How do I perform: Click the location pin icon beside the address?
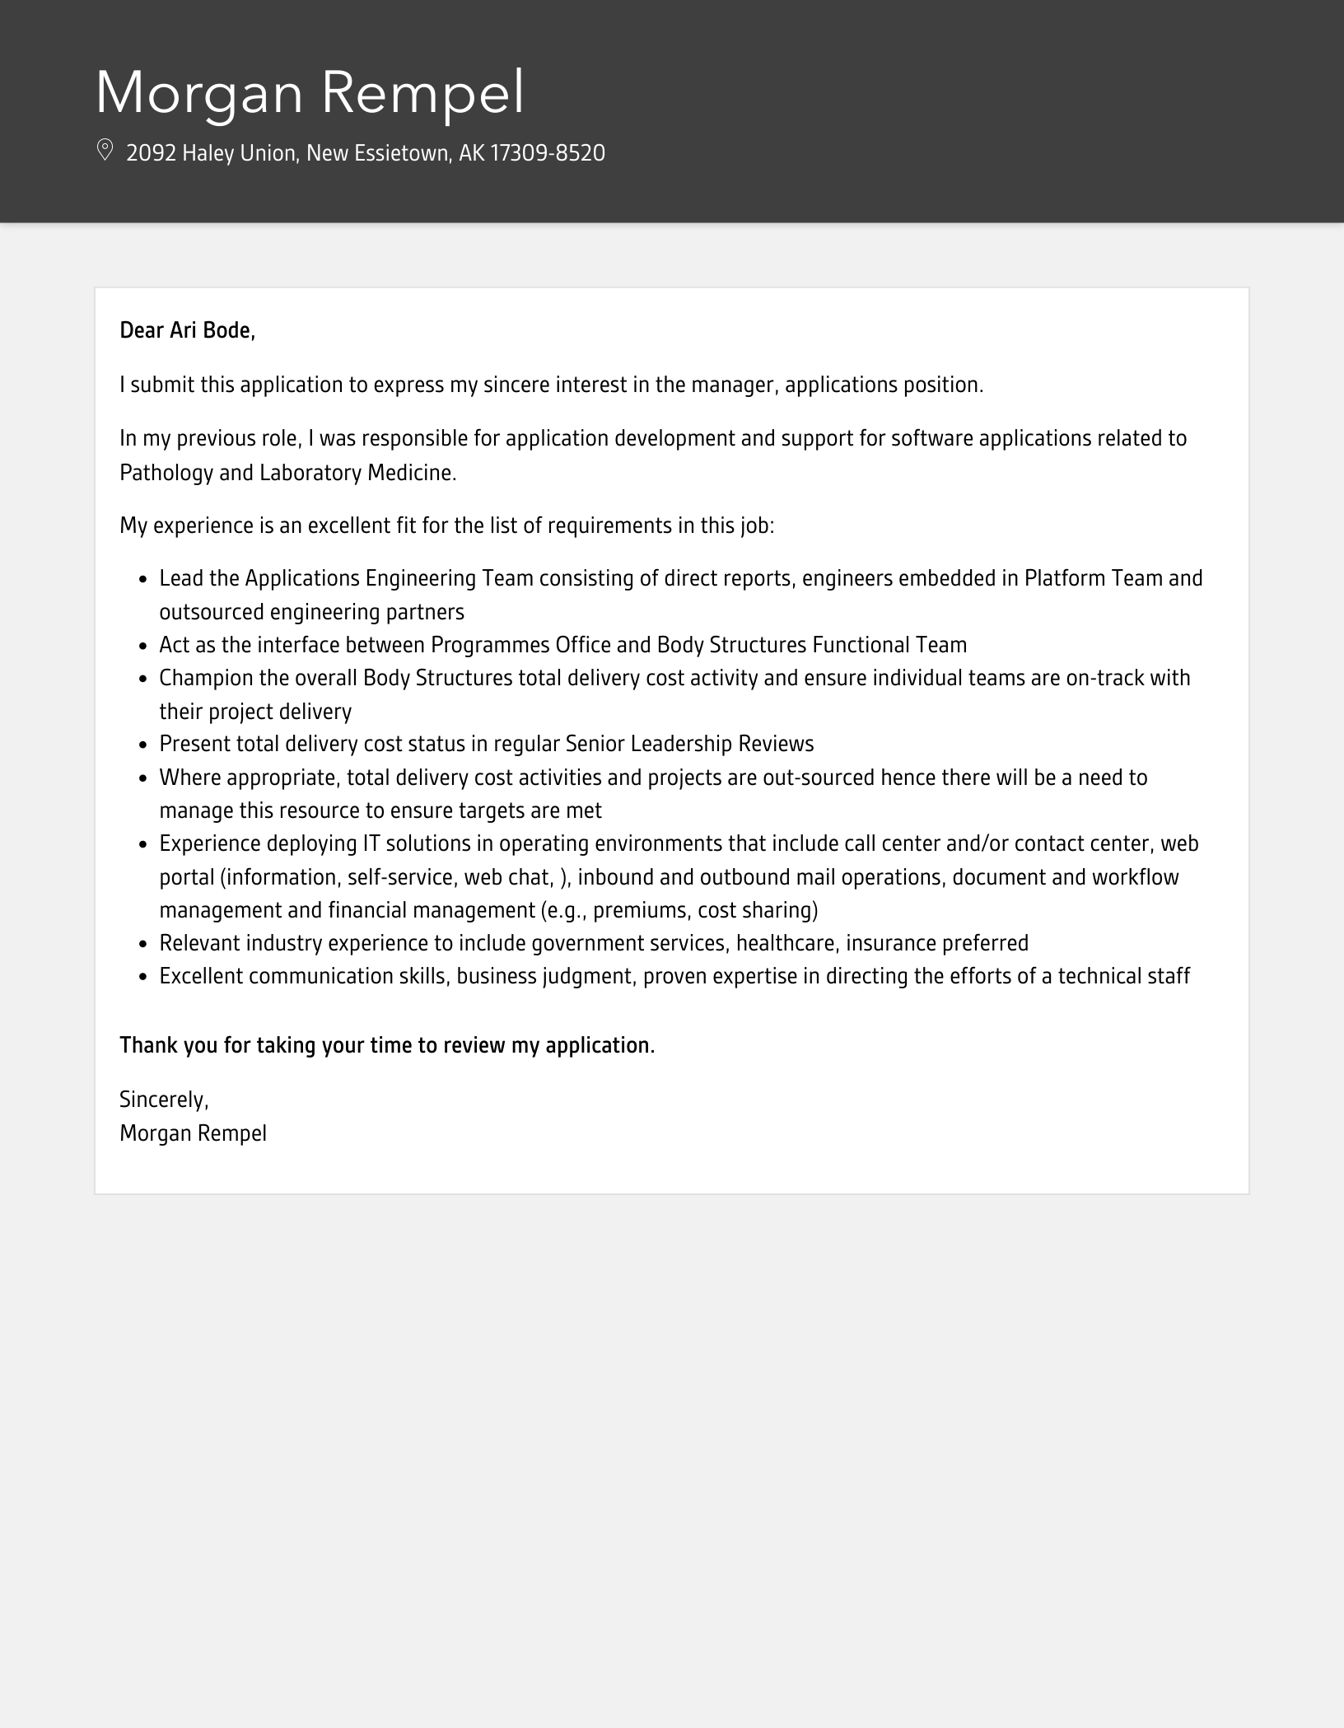105,151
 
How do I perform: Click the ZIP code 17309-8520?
548,153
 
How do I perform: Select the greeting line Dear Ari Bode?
187,331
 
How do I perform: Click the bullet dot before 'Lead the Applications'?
142,580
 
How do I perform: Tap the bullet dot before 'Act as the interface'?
142,646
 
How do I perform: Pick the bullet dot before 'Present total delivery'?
142,745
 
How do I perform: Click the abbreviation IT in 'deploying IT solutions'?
371,844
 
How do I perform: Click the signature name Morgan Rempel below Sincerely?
193,1134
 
